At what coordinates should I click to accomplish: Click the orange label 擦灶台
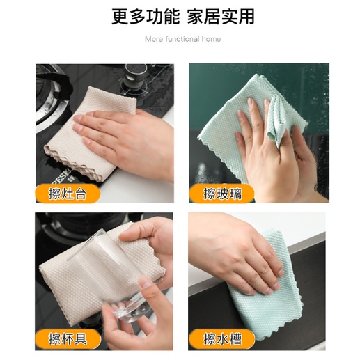click(x=68, y=194)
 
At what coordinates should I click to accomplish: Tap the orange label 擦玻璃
click(x=222, y=194)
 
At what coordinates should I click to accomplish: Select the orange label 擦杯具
click(x=68, y=339)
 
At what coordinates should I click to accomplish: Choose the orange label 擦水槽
click(x=222, y=339)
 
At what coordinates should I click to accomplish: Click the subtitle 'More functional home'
click(x=182, y=39)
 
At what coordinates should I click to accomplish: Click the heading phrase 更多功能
click(x=146, y=17)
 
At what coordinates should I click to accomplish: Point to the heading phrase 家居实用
click(x=221, y=17)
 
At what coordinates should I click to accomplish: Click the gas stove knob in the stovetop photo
click(x=136, y=77)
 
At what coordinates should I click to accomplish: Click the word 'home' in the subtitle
click(x=211, y=39)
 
